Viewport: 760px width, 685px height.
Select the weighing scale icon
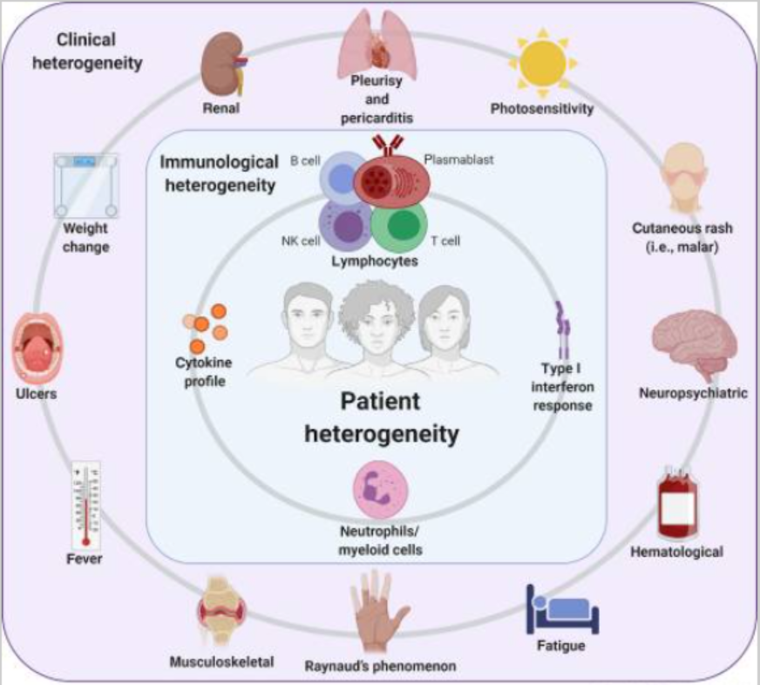[x=85, y=184]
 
